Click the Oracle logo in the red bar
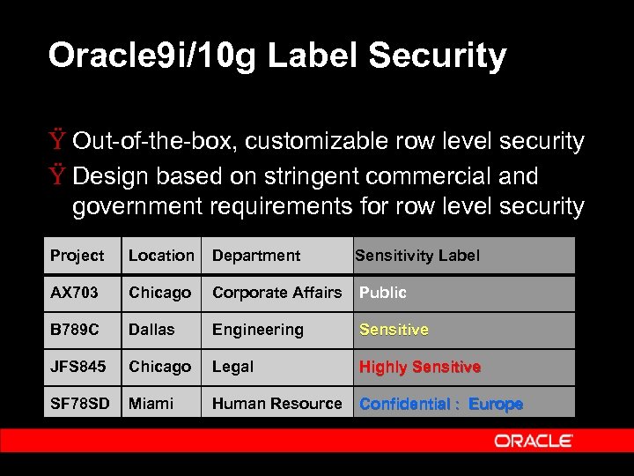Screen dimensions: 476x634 coord(534,441)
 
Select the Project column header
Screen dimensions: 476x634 coord(77,256)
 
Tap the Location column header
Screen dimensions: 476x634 coord(161,256)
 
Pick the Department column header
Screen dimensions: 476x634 coord(256,256)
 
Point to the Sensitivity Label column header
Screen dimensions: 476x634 coord(417,256)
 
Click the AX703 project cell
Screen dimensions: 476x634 coord(75,293)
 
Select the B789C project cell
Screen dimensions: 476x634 coord(75,330)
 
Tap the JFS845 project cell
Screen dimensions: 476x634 coord(77,367)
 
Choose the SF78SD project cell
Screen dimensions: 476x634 coord(80,404)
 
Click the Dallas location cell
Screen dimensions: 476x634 coord(151,330)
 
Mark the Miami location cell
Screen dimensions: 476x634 coord(151,404)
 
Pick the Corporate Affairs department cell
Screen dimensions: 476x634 coord(276,293)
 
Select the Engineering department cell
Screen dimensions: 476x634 coord(257,330)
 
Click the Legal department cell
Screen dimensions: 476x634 coord(232,367)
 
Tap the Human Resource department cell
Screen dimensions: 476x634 coord(276,404)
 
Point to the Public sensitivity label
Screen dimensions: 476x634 coord(383,293)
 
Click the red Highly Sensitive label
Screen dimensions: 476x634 coord(420,367)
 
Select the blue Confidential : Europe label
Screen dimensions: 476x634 coord(441,404)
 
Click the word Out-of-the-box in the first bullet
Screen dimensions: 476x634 coord(157,141)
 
